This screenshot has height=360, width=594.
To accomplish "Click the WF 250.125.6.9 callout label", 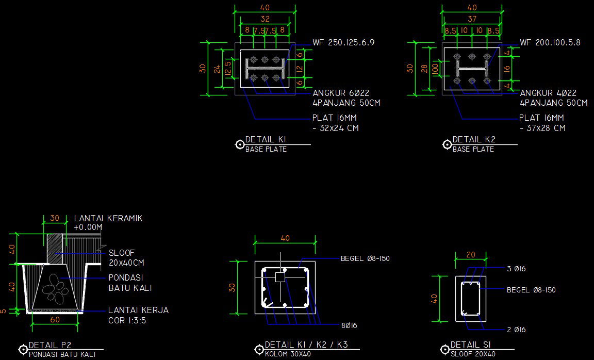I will [x=343, y=43].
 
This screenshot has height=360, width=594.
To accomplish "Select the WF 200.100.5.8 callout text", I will [x=550, y=43].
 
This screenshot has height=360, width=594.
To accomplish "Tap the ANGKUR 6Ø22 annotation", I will [x=341, y=93].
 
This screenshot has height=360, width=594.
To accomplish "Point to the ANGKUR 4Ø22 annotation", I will [x=548, y=93].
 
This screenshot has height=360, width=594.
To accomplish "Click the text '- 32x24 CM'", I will [x=336, y=128].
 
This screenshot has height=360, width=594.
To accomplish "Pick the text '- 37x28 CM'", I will [x=542, y=128].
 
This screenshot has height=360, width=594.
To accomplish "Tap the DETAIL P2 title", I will [x=50, y=345].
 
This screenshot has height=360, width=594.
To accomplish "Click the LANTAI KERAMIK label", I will [x=108, y=219].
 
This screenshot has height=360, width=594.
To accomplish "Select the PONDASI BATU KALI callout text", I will [x=130, y=283].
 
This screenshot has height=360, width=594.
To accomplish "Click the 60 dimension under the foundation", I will [x=55, y=320].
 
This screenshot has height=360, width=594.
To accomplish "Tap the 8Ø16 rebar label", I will [x=349, y=326].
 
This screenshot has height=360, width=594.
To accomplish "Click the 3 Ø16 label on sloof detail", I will [x=516, y=269].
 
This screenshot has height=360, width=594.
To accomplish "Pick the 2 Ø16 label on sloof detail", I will [x=516, y=330].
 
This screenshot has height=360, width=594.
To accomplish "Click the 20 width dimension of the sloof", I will [x=471, y=255].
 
